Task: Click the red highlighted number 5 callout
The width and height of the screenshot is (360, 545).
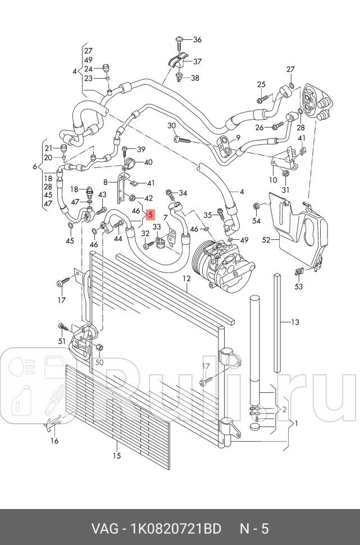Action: tap(149, 214)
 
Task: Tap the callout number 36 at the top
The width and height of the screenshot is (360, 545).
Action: tap(197, 39)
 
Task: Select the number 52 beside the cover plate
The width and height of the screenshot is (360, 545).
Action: tap(266, 240)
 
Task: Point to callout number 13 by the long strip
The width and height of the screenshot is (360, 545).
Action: tap(295, 322)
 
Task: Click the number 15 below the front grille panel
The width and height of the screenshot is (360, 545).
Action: tap(116, 456)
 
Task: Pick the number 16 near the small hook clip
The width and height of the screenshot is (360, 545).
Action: tap(54, 441)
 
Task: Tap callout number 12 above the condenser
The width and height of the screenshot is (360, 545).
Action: tap(186, 279)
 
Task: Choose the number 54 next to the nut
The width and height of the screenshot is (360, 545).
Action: tap(256, 221)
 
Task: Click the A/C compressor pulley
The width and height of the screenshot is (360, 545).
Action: tap(202, 262)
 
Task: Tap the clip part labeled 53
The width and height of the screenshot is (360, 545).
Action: tap(298, 274)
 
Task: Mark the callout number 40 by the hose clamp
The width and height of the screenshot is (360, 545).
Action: tap(148, 162)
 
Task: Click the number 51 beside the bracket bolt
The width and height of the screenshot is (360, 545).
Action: tap(62, 340)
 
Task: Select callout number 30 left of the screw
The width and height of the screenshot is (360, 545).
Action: tap(172, 125)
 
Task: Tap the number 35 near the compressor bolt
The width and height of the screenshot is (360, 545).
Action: tap(207, 215)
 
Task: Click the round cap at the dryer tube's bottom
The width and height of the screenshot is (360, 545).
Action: tap(256, 428)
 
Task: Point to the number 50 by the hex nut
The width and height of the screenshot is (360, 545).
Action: tap(99, 362)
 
